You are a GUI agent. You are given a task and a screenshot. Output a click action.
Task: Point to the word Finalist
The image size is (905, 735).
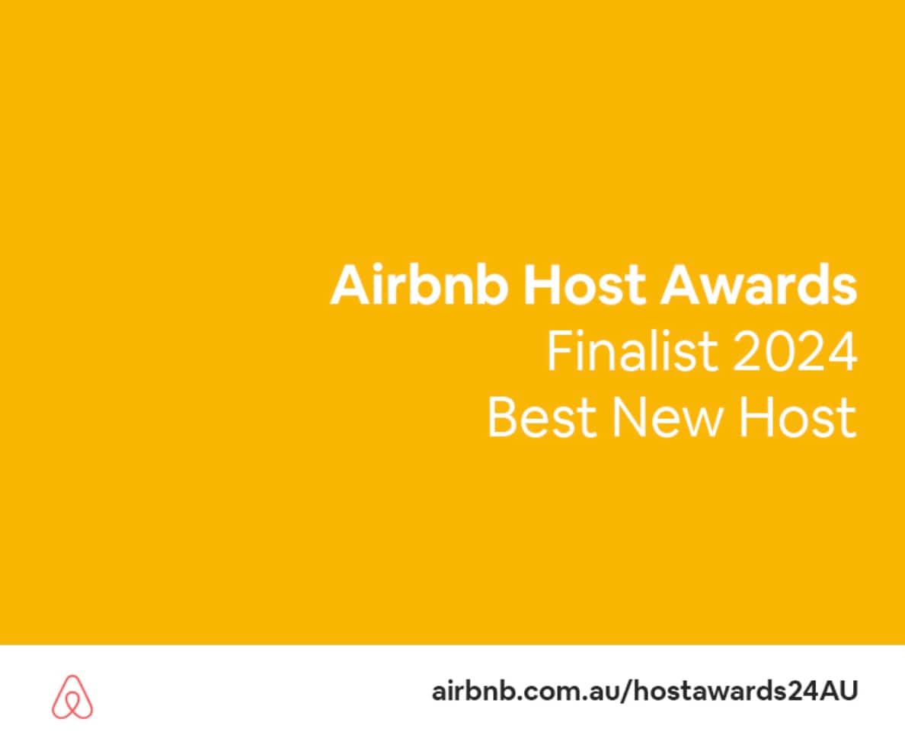(x=632, y=351)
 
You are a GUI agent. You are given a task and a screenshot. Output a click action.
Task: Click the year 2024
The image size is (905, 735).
(x=795, y=351)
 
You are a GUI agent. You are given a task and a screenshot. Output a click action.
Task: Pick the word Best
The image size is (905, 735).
(x=542, y=417)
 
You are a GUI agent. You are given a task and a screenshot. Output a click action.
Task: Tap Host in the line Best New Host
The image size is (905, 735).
(x=798, y=417)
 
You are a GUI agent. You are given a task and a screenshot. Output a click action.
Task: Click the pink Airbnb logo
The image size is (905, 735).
(x=72, y=696)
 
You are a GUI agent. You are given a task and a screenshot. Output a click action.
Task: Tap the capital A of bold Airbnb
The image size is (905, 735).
(x=348, y=284)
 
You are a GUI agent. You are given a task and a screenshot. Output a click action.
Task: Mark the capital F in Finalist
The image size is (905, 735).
(x=559, y=351)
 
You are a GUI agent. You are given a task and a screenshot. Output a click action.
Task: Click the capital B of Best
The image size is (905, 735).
(x=501, y=417)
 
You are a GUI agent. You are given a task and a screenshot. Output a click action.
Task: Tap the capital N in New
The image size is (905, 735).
(x=628, y=417)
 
